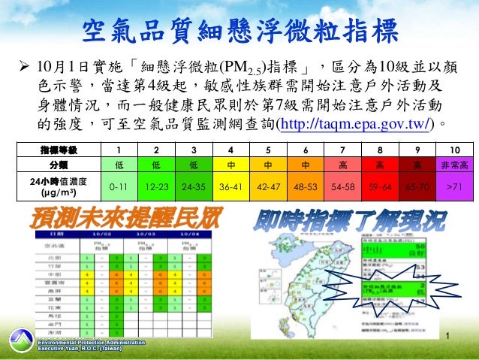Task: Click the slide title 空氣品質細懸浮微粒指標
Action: pyautogui.click(x=239, y=33)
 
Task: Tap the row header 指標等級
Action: pyautogui.click(x=58, y=149)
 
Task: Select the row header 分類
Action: pyautogui.click(x=58, y=165)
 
